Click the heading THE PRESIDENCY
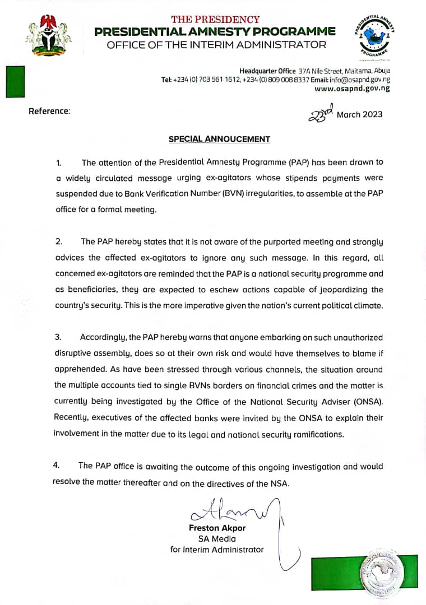coord(215,20)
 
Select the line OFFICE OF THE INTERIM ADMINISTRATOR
coord(216,45)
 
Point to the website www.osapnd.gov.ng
coord(352,89)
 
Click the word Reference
coord(49,111)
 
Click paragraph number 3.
coord(58,337)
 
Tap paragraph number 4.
coord(56,466)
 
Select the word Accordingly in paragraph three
coord(103,337)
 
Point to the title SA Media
coord(217,539)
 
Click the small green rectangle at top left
coord(15,81)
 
